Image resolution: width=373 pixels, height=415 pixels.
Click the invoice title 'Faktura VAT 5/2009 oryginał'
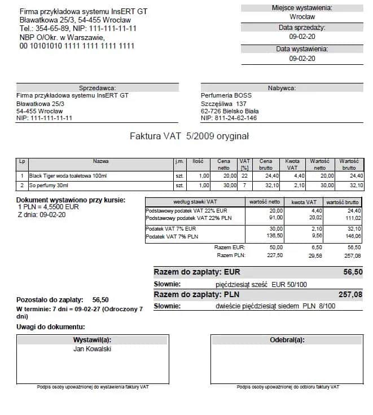(189, 136)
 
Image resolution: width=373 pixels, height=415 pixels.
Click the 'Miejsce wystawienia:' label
(301, 8)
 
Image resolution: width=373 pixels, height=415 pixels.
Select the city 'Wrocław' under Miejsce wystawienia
(301, 17)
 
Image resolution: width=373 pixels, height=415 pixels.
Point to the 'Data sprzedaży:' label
(301, 27)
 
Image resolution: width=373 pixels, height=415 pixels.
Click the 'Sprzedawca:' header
(97, 88)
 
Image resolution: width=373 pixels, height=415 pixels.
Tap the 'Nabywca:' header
(282, 88)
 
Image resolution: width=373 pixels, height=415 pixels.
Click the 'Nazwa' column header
(101, 161)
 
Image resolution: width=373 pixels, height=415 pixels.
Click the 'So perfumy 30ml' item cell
(49, 185)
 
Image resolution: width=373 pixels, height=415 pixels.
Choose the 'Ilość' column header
(198, 161)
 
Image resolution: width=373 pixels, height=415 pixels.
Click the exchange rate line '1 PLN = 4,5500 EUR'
(48, 207)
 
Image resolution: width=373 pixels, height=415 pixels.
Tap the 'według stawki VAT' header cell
(195, 202)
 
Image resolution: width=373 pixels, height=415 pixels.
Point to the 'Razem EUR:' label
(229, 247)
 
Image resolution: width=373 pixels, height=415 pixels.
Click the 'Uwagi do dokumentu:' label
(50, 327)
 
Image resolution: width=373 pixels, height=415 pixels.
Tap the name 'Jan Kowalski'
(93, 349)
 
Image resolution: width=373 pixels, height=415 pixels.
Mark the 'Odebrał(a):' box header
(287, 340)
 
